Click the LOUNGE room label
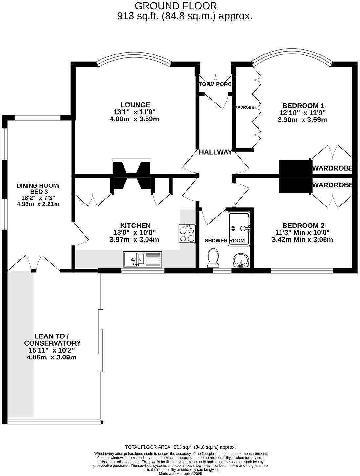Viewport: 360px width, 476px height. click(x=135, y=105)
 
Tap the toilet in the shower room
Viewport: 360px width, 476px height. click(x=213, y=258)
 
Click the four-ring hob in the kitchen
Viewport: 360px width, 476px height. click(x=187, y=234)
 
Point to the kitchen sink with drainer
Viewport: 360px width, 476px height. click(x=143, y=259)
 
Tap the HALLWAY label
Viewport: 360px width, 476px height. click(x=215, y=152)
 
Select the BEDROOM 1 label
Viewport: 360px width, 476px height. click(x=303, y=106)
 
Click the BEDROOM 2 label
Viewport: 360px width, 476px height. click(x=303, y=226)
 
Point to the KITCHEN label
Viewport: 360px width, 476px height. click(x=135, y=226)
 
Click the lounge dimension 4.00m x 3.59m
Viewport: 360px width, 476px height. click(x=134, y=119)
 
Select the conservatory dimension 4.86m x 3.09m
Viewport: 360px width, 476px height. click(x=52, y=357)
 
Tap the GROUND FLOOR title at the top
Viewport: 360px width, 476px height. click(x=176, y=6)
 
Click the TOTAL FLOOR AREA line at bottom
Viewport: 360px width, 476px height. click(x=180, y=447)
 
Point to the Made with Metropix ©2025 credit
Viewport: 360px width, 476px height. click(x=180, y=474)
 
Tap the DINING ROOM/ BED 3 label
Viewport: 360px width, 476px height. click(x=38, y=189)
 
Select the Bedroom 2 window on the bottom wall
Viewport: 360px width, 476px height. click(x=302, y=271)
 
